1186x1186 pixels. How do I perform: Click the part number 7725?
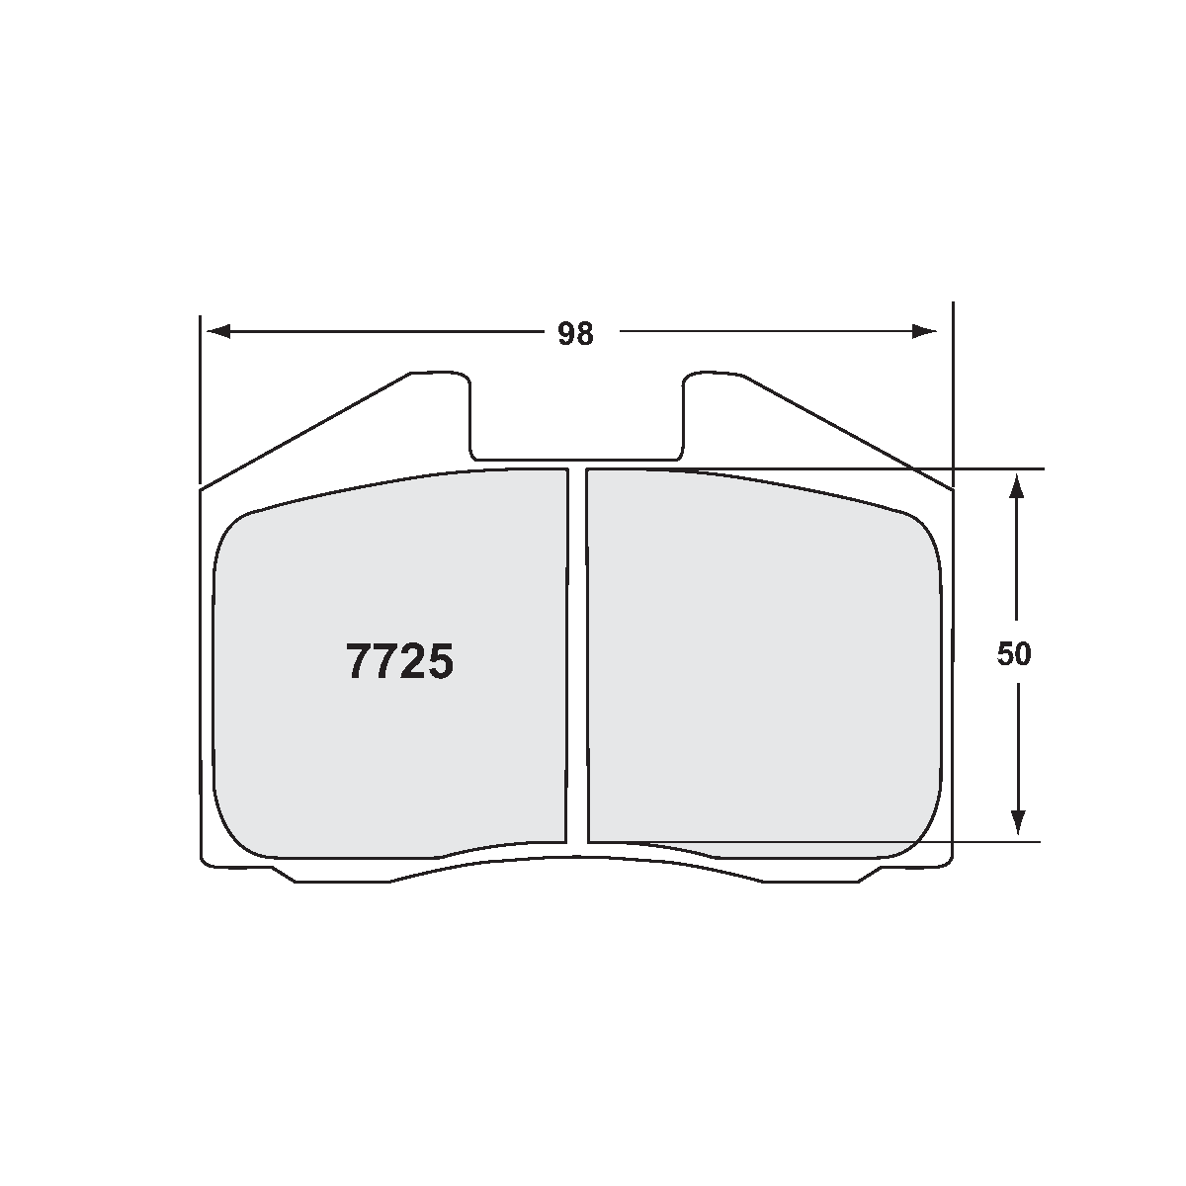tap(399, 661)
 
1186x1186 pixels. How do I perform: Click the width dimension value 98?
tap(575, 334)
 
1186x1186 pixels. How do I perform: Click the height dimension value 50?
tap(1014, 654)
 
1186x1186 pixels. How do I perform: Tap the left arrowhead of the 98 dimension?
tap(216, 331)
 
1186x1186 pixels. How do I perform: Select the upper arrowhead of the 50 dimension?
tap(1017, 488)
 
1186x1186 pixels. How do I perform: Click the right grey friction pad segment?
tap(761, 662)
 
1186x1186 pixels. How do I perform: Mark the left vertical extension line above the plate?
tap(201, 395)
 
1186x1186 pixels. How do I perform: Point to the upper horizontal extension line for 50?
tap(988, 467)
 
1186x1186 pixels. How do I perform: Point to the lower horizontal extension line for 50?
tap(988, 842)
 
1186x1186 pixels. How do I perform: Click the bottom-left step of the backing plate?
tap(283, 875)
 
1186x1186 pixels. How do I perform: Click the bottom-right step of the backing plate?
tap(870, 875)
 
